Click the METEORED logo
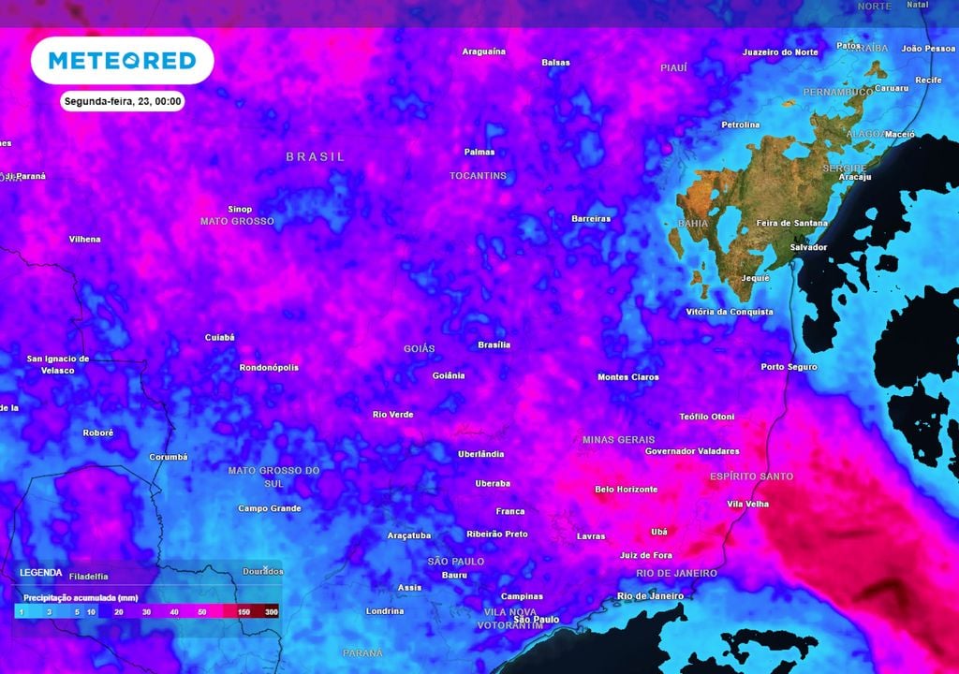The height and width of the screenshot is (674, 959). tap(122, 61)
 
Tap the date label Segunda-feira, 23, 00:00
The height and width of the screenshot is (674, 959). tap(123, 101)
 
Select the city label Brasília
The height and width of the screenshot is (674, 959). tap(494, 344)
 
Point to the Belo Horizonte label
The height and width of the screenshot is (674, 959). tap(626, 489)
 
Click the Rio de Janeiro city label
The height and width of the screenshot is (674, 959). tap(650, 595)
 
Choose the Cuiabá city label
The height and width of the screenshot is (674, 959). tap(219, 337)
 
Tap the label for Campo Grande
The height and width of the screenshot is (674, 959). tap(269, 508)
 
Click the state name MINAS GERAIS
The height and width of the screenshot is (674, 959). tap(618, 439)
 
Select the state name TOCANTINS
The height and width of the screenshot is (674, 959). tap(478, 175)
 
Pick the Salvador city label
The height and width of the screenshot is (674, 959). tap(808, 247)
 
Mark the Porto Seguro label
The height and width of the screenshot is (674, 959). tap(789, 367)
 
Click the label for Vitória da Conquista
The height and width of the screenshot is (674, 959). tap(730, 311)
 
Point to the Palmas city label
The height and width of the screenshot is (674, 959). tap(479, 152)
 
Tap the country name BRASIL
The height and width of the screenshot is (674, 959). tap(316, 156)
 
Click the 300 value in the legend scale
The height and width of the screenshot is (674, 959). tap(271, 611)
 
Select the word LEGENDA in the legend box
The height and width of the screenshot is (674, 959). tap(40, 572)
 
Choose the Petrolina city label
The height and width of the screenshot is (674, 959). tap(740, 125)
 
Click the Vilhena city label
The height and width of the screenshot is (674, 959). tap(84, 239)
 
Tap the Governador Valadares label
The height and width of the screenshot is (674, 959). tap(692, 451)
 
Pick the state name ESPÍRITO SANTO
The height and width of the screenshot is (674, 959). tap(751, 476)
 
